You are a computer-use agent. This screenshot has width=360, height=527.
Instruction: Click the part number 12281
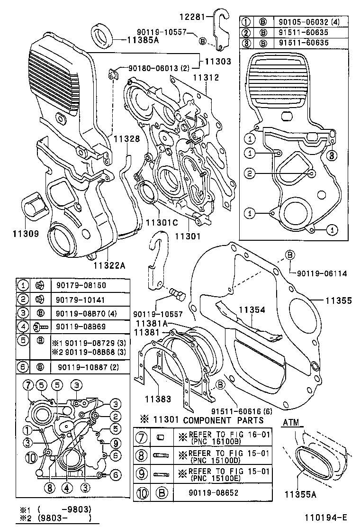[x=192, y=17]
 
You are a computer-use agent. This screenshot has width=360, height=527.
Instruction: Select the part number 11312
[x=206, y=77]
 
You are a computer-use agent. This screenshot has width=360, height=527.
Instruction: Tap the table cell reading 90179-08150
[x=81, y=285]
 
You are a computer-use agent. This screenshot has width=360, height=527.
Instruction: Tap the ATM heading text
[x=292, y=422]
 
